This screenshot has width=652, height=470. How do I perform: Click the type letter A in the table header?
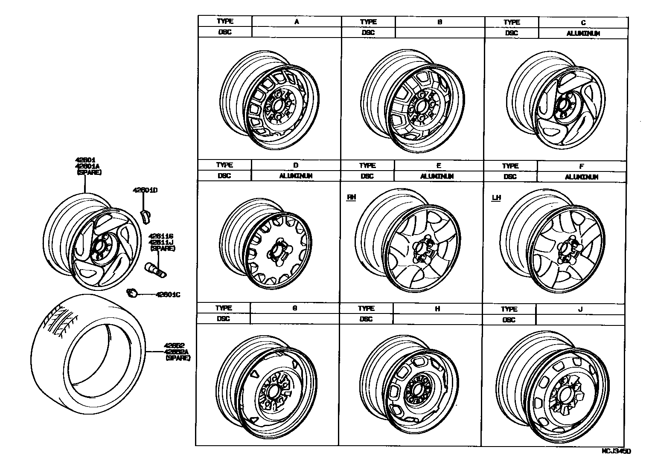pos(297,21)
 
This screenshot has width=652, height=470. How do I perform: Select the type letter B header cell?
pos(440,21)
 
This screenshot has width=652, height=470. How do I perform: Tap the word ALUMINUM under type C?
pos(583,33)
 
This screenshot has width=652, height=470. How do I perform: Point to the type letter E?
pos(438,165)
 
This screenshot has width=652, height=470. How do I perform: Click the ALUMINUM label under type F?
pos(582,177)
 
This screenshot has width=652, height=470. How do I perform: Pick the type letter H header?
pos(437,308)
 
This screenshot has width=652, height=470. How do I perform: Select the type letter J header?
pos(580,309)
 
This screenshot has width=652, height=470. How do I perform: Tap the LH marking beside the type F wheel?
pos(496,197)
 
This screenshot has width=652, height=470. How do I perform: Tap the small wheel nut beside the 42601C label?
pos(132,292)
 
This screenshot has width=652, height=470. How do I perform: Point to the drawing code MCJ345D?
pos(616,451)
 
